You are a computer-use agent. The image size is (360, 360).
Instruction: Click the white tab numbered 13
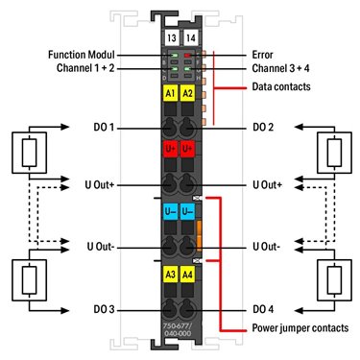coord(172,37)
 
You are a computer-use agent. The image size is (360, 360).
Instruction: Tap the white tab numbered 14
coord(191,37)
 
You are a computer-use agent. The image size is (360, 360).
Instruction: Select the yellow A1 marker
coord(170,93)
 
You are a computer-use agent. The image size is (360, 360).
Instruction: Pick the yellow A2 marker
coord(187,93)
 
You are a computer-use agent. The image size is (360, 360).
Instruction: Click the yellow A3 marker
coord(170,275)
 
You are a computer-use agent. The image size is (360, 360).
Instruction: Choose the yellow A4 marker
coord(187,275)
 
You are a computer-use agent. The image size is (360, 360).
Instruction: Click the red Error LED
coord(187,56)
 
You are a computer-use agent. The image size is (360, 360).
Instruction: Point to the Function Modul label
coord(82,55)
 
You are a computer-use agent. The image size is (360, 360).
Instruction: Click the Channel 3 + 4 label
coord(280,68)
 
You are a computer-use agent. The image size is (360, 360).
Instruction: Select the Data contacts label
coord(281,86)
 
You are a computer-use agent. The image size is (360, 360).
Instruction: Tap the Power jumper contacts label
coord(300,328)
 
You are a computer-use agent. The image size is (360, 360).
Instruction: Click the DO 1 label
coord(104,128)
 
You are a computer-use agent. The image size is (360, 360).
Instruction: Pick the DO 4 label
coord(263,309)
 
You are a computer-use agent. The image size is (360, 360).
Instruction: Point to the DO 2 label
coord(263,128)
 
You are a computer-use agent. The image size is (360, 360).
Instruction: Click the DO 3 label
coord(104,309)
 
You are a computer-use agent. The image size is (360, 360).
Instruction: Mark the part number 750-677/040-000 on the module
coord(178,330)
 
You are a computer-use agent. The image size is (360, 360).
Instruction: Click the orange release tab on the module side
coord(199,235)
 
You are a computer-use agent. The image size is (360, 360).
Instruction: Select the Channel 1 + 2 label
coord(85,68)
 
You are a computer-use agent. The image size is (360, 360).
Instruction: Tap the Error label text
coord(262,55)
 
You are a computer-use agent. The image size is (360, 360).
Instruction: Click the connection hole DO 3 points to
coord(169,309)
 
